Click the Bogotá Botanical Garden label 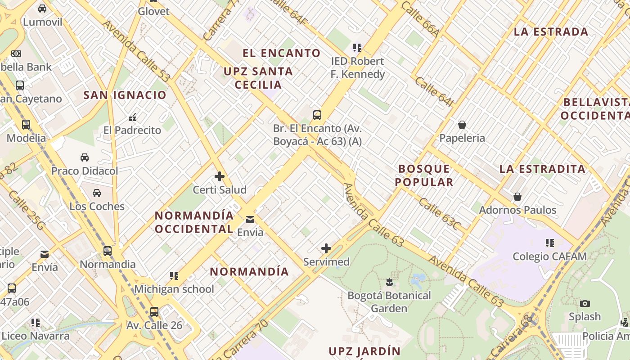point(389,302)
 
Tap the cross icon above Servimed point(326,248)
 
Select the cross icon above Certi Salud point(220,176)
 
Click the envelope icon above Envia point(250,220)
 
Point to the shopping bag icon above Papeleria point(462,125)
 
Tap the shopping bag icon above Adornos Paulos point(517,197)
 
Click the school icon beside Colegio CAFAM point(550,243)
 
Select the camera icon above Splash point(585,303)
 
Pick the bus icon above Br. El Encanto point(317,115)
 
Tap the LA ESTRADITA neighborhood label point(542,169)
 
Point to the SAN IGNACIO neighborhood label point(125,95)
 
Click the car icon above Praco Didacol point(85,157)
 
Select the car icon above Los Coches point(97,193)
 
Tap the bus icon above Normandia point(108,251)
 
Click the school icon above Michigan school point(174,275)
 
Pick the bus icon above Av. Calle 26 point(154,311)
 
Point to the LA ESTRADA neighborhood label point(551,32)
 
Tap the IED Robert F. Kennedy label point(357,67)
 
